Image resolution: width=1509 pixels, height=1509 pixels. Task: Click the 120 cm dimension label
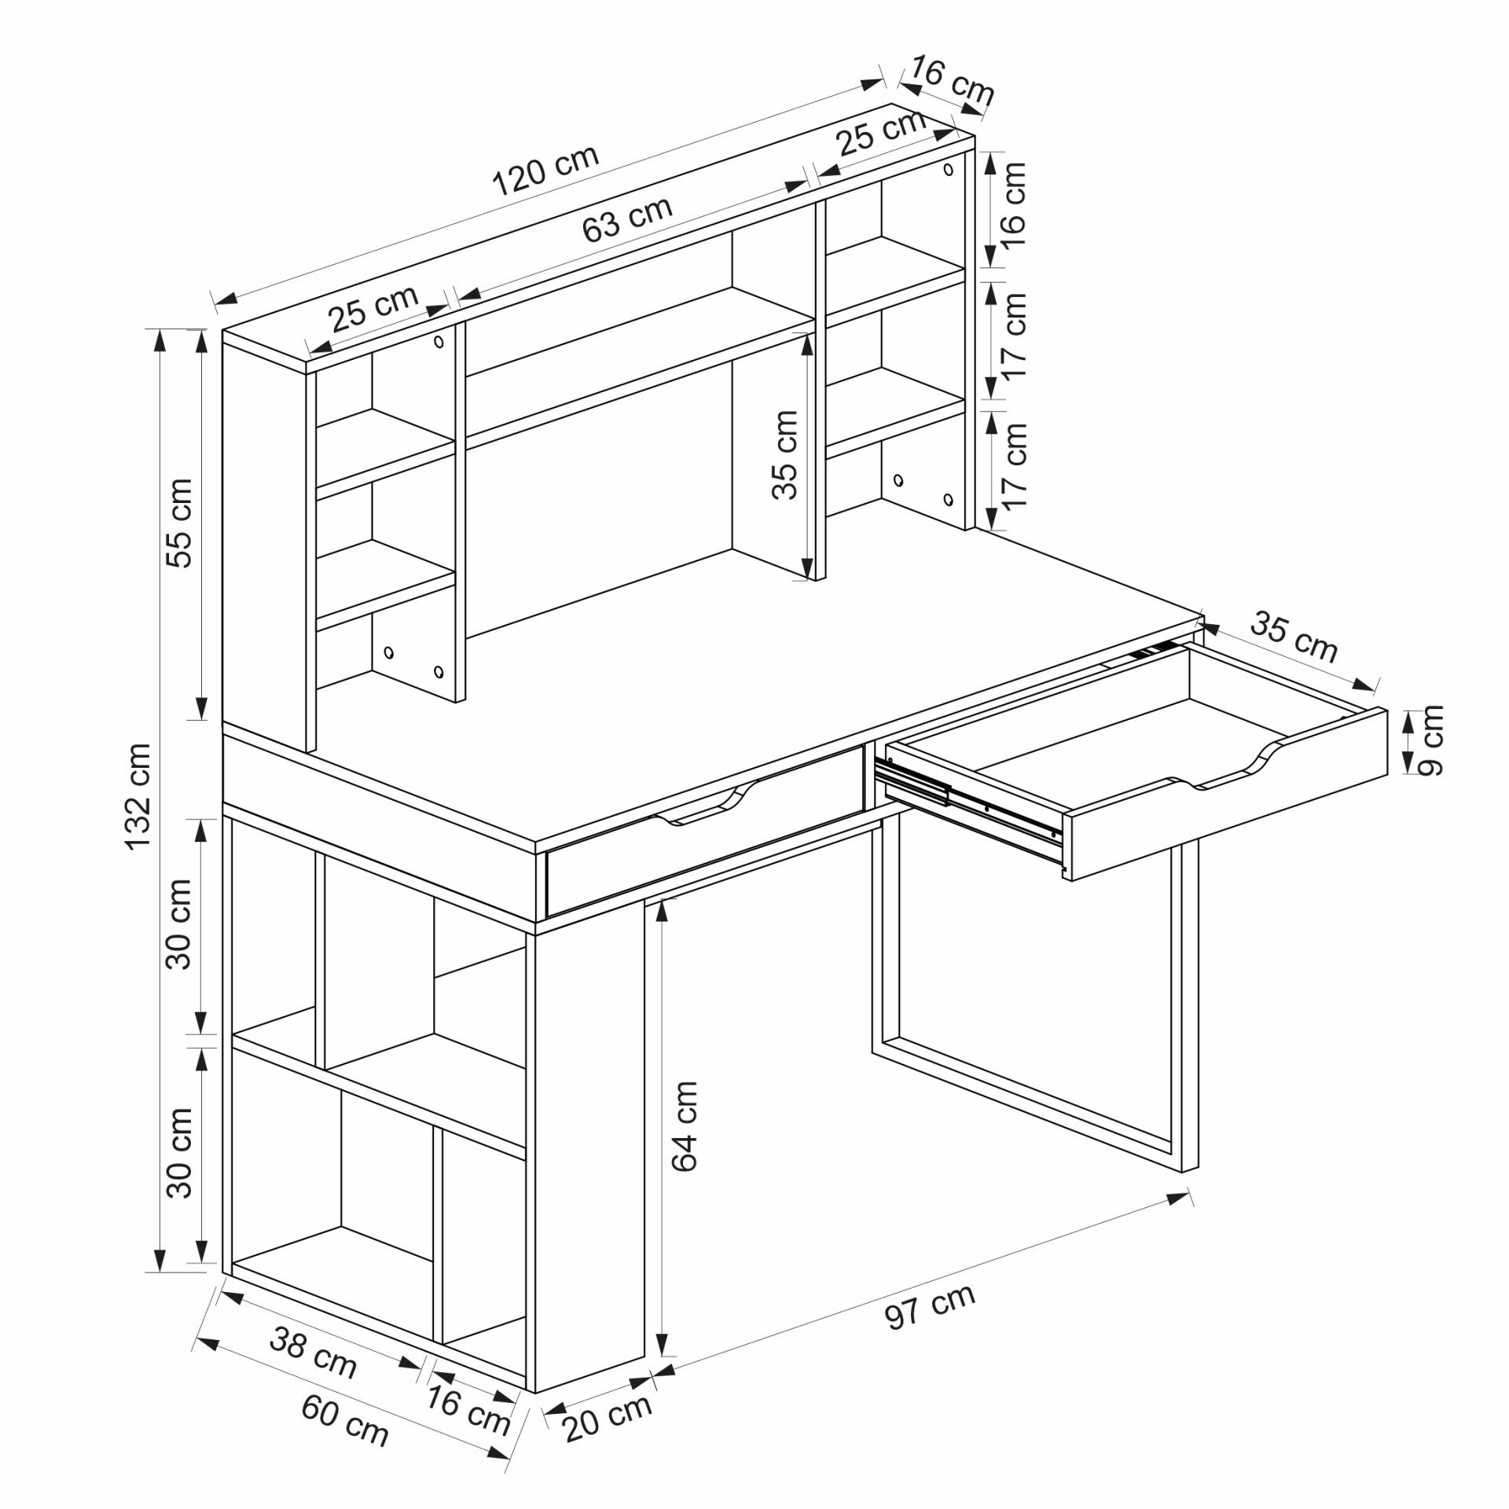tap(545, 170)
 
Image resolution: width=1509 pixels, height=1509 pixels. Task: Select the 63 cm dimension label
tap(627, 218)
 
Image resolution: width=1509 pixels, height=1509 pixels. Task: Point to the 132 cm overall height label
tap(138, 795)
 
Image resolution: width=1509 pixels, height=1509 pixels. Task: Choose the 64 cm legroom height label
tap(685, 1127)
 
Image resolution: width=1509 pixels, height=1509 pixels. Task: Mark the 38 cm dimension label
tap(313, 1352)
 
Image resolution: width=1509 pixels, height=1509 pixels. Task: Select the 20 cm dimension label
tap(608, 1417)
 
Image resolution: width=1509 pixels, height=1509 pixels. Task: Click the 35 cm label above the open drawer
tap(1294, 635)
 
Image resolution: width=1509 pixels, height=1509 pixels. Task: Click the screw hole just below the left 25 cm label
tap(439, 342)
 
